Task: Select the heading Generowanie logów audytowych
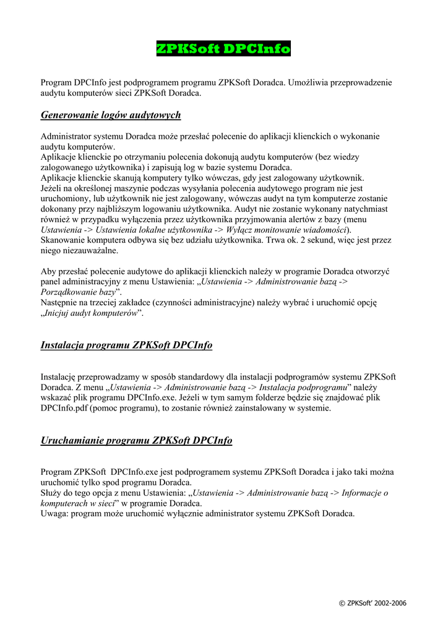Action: [x=111, y=115]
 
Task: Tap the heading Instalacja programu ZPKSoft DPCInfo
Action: [x=126, y=345]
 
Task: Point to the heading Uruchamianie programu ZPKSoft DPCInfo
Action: [x=136, y=441]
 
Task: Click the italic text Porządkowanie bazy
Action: [x=78, y=292]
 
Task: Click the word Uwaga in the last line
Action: [x=54, y=515]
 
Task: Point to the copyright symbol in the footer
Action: [x=343, y=603]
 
